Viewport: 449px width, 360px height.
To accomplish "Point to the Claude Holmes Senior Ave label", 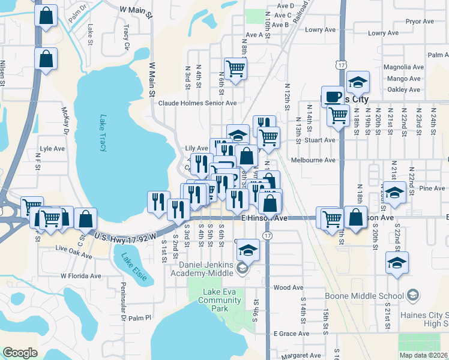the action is (197, 103).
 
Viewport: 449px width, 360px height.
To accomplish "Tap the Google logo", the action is (20, 353).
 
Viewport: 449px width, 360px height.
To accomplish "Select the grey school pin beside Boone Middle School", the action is (412, 295).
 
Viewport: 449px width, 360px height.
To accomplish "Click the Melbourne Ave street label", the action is (313, 160).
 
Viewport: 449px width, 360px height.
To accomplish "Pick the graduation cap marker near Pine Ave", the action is (394, 192).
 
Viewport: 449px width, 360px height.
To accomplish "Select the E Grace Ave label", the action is (291, 333).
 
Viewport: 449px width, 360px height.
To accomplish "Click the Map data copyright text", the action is (424, 355).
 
